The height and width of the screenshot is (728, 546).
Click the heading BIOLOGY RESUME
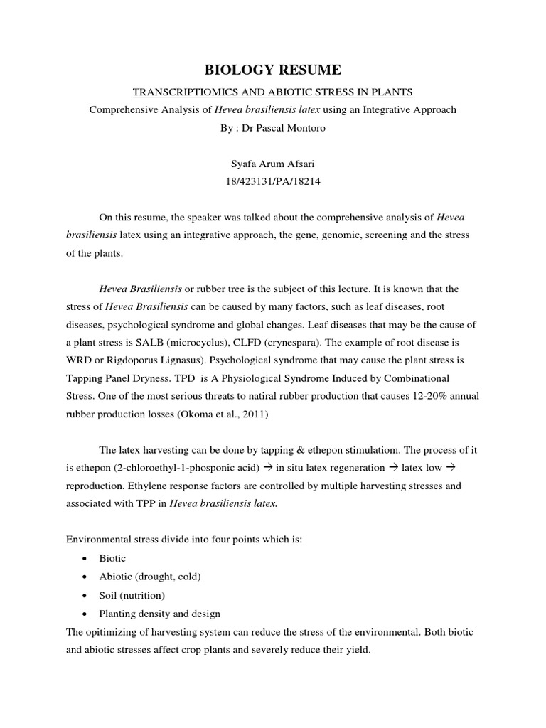(x=273, y=70)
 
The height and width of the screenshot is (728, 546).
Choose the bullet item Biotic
(x=112, y=558)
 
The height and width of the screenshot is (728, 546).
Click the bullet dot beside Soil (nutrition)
(x=85, y=595)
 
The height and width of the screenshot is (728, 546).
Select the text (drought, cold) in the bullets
(x=166, y=577)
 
